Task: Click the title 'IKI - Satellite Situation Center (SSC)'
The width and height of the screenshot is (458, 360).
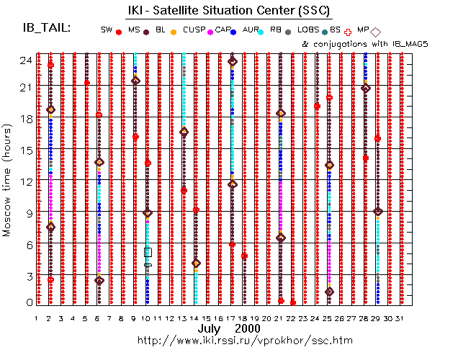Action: [225, 9]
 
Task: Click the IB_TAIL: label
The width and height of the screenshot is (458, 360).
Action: [48, 27]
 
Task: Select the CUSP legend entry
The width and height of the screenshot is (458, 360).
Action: [194, 30]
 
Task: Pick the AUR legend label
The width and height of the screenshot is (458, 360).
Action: [251, 30]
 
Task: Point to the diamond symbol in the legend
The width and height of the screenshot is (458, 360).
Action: [377, 32]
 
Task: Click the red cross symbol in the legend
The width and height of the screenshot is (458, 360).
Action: [349, 32]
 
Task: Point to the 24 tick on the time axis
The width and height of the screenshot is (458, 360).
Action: [24, 60]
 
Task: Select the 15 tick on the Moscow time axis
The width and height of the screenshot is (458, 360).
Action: [24, 150]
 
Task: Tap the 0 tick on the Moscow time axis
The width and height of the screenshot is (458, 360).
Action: [27, 302]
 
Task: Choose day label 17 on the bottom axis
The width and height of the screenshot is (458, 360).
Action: [231, 318]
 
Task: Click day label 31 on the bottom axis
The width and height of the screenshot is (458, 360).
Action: [400, 318]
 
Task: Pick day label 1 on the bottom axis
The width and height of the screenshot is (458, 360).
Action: [37, 318]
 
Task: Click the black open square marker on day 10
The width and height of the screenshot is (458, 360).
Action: [148, 252]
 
